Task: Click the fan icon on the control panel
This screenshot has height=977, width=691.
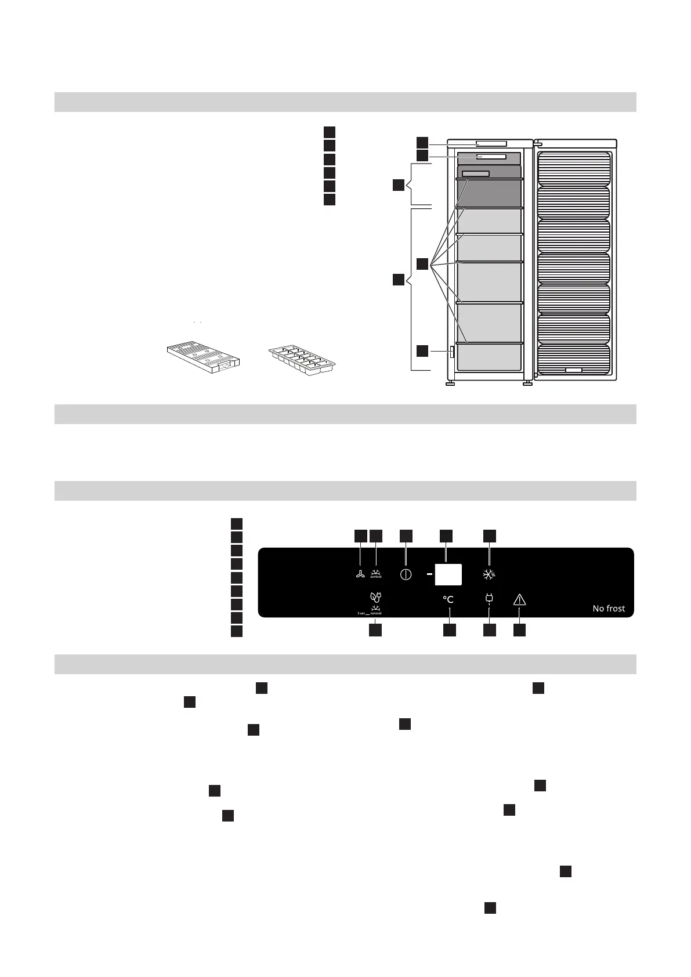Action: click(x=360, y=575)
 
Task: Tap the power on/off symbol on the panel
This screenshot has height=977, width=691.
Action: click(x=406, y=575)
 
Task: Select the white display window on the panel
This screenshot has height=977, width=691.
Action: click(x=448, y=574)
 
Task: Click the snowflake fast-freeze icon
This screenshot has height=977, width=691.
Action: click(x=490, y=575)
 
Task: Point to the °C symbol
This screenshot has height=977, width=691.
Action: click(x=448, y=599)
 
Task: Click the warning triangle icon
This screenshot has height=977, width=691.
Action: click(x=519, y=600)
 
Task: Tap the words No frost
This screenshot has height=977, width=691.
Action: click(x=609, y=608)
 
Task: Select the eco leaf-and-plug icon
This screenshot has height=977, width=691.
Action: click(x=375, y=596)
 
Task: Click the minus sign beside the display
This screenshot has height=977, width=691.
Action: click(x=429, y=574)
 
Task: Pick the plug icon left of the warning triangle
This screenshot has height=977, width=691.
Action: click(x=489, y=598)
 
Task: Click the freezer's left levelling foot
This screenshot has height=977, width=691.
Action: click(x=450, y=383)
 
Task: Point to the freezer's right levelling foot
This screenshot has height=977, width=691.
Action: click(x=527, y=383)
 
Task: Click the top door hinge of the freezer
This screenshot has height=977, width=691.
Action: click(x=537, y=142)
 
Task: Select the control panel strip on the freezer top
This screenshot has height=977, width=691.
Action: click(x=490, y=143)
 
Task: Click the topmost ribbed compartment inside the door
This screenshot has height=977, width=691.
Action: click(x=574, y=168)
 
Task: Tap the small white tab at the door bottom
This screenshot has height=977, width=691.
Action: click(x=573, y=370)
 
